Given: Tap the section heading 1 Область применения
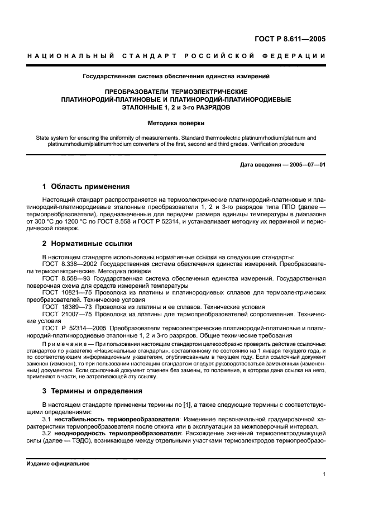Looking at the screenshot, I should click(x=86, y=187).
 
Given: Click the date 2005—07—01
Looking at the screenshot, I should click(x=305, y=164).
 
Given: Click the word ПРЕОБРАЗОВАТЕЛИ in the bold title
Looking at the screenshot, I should click(x=139, y=91).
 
